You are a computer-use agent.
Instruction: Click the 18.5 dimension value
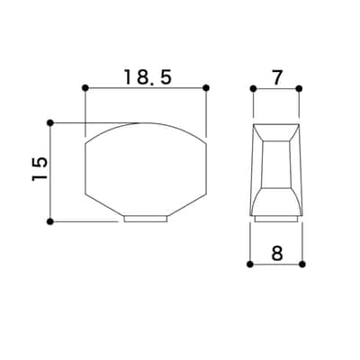point(148,77)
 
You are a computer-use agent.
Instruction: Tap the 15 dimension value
point(40,168)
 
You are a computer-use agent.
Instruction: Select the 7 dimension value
point(276,77)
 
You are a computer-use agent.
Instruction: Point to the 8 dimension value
point(277,254)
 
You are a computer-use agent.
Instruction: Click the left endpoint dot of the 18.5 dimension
point(85,88)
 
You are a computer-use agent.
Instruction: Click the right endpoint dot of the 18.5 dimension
point(206,88)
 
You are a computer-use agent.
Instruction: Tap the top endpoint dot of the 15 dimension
point(50,123)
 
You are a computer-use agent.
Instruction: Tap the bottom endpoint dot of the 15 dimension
point(50,221)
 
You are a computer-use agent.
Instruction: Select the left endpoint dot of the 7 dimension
point(254,88)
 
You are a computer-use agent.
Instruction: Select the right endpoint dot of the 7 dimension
point(299,88)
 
